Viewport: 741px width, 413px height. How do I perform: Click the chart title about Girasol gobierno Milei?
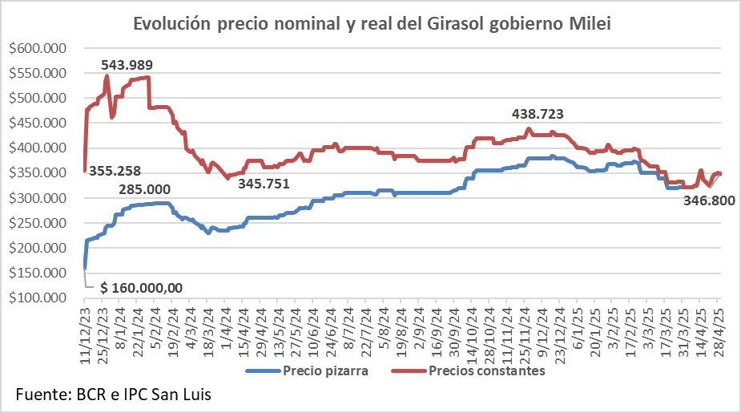click(x=372, y=24)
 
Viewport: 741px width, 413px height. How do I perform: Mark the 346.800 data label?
click(x=710, y=201)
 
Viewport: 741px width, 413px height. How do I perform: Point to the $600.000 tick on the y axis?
click(x=38, y=48)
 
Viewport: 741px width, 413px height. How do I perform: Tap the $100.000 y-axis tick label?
click(x=38, y=298)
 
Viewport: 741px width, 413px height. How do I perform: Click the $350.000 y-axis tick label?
click(x=38, y=173)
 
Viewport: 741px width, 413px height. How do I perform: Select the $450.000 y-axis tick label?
click(x=38, y=123)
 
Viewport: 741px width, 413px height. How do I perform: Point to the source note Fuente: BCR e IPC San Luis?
click(x=113, y=395)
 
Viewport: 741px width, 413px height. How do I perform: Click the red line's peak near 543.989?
click(x=107, y=76)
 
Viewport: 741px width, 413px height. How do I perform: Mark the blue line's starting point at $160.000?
click(x=84, y=268)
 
